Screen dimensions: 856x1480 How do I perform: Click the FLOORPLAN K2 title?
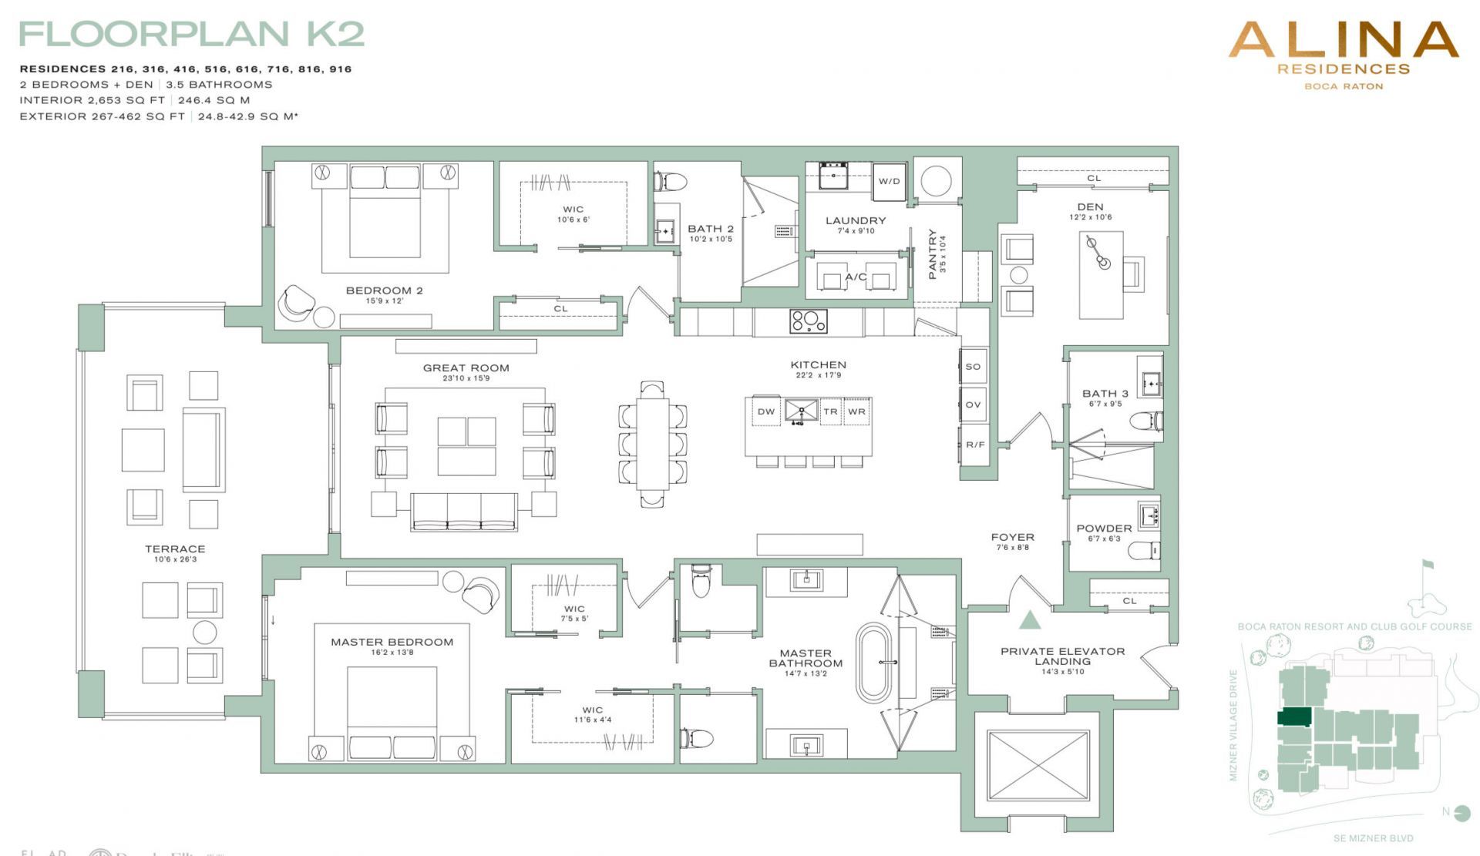click(x=191, y=34)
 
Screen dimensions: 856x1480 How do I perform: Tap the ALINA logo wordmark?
click(x=1343, y=39)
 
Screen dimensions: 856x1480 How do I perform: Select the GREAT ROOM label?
click(x=466, y=368)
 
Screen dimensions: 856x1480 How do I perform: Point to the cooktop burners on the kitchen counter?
click(x=808, y=321)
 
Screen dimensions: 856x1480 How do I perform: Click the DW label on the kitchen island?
click(x=765, y=411)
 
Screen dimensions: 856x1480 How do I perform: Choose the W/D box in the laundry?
click(x=889, y=181)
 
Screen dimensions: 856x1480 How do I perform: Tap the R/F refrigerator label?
click(x=974, y=445)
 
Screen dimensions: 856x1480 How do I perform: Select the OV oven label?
click(x=973, y=405)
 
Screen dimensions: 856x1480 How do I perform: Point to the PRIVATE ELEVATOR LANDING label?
click(x=1062, y=656)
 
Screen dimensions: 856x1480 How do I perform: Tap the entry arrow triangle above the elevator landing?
click(x=1030, y=619)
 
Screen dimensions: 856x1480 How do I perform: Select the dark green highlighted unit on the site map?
click(x=1294, y=717)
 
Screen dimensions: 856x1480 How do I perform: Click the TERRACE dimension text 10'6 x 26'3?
click(x=175, y=559)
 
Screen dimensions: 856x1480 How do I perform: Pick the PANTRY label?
click(x=932, y=253)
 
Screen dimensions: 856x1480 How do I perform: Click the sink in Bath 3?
click(x=1151, y=384)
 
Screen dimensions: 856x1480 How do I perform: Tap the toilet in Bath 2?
click(x=671, y=182)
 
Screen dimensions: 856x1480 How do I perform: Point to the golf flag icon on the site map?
click(x=1427, y=566)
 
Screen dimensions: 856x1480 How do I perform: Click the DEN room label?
click(x=1090, y=206)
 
